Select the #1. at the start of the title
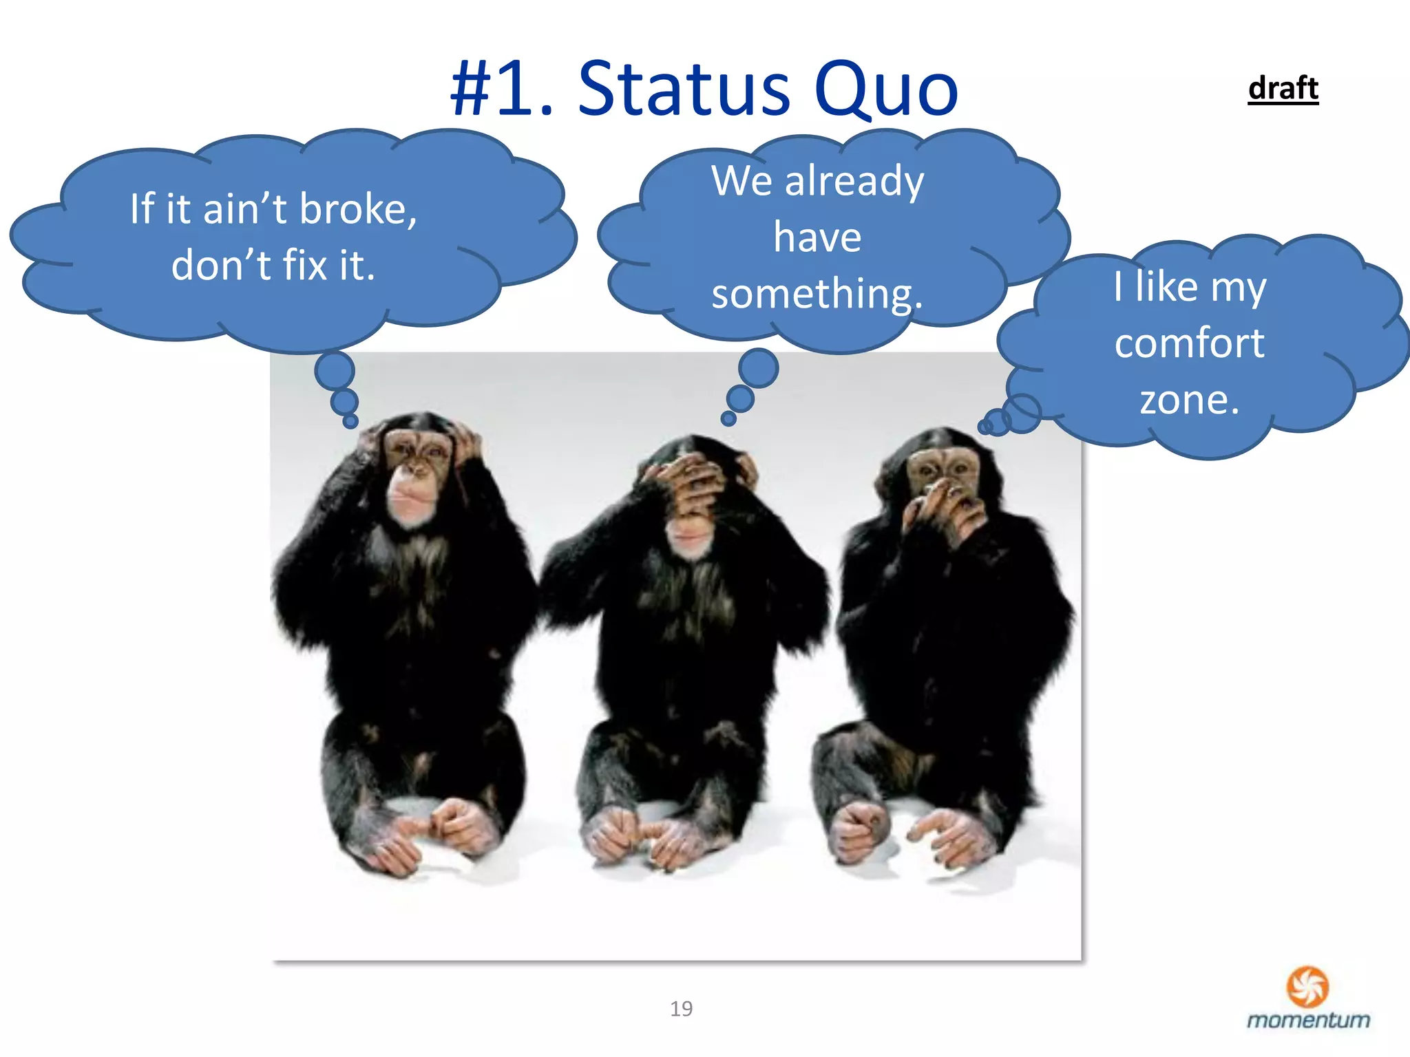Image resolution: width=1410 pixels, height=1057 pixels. [502, 89]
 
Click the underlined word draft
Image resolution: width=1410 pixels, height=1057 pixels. [1283, 88]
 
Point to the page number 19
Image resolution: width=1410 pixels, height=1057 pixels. [681, 1009]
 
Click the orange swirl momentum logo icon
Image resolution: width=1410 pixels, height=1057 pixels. [1307, 985]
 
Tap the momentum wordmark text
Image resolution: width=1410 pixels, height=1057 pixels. [1308, 1020]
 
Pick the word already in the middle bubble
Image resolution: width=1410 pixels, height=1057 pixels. [854, 182]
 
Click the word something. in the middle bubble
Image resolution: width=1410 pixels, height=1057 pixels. [817, 294]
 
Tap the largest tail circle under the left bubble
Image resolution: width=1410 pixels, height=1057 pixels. [335, 371]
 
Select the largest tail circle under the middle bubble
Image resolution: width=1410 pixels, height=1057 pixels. [758, 367]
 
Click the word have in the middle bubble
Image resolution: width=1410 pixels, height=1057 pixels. [817, 237]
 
